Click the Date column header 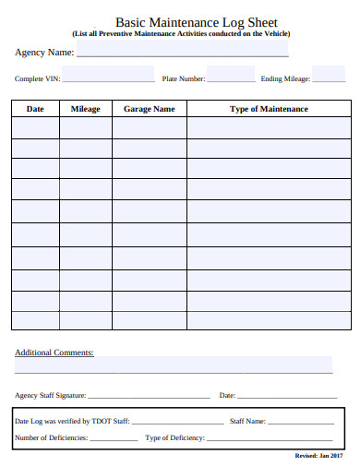pos(35,109)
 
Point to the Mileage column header pos(85,109)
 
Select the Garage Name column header pos(149,109)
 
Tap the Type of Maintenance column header pos(269,109)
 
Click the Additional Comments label pos(54,352)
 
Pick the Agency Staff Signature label pos(51,395)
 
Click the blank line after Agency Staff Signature pos(149,397)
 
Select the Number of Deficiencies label pos(52,437)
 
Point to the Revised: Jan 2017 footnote pos(319,457)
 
